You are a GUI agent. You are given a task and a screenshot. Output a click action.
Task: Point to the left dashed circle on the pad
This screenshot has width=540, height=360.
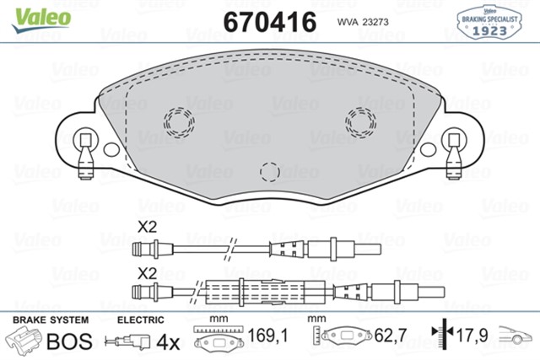(179, 123)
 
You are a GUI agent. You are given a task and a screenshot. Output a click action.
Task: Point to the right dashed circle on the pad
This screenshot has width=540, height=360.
(361, 123)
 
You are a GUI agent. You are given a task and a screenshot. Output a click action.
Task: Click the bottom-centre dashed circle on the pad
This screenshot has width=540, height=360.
(270, 172)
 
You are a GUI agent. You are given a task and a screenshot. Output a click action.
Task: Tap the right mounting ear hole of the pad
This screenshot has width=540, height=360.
(456, 140)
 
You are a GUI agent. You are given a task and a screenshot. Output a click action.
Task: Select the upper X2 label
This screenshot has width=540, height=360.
(148, 227)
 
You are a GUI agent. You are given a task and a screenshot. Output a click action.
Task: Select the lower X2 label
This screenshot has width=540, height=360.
(148, 273)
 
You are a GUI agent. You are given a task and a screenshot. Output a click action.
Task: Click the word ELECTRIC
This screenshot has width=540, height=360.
(139, 321)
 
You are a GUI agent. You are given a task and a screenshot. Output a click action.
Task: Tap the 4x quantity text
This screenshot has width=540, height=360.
(169, 342)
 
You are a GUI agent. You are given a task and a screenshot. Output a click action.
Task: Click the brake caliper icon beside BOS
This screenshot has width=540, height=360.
(25, 342)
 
